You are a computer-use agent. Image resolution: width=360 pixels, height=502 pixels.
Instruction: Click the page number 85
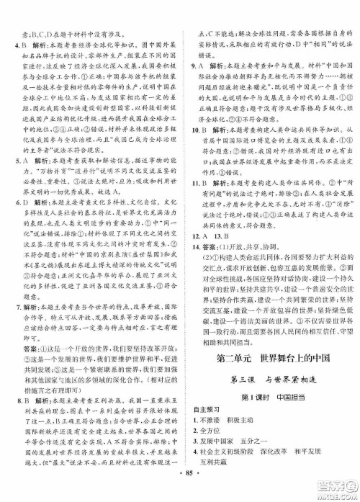181,493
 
